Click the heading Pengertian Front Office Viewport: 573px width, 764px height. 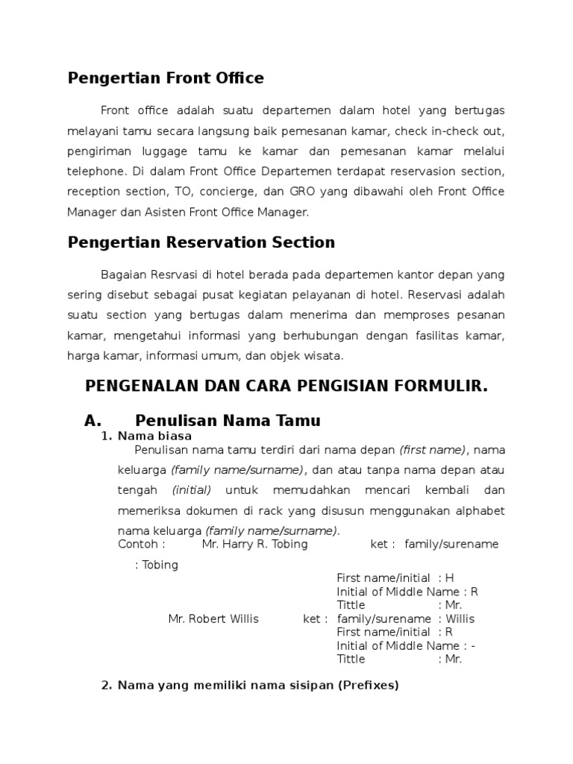pos(166,78)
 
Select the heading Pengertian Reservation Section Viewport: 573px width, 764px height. pos(201,242)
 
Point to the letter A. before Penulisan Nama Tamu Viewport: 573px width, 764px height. pos(93,420)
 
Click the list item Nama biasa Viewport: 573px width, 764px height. pos(154,435)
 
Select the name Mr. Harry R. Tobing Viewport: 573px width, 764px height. pos(254,544)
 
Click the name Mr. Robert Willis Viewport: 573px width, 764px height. pos(213,619)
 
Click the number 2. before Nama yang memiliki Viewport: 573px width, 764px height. pos(105,685)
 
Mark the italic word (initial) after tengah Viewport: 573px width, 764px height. pos(192,490)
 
